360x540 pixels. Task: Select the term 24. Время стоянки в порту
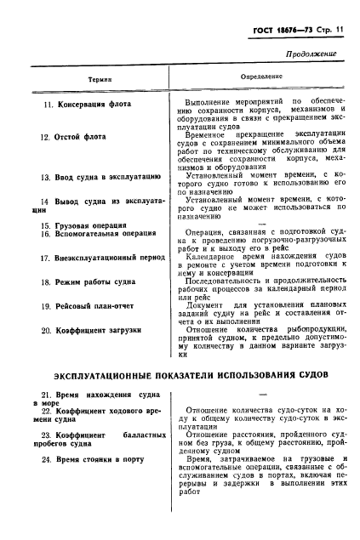(x=93, y=459)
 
